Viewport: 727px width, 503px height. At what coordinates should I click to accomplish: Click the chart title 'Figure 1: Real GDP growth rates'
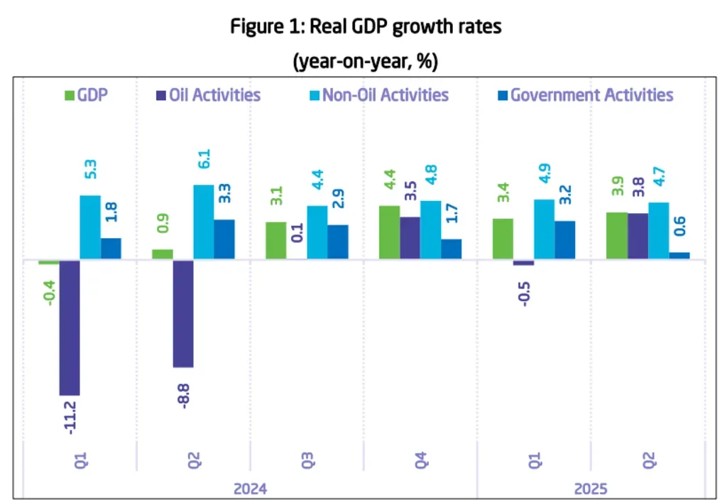[x=366, y=28]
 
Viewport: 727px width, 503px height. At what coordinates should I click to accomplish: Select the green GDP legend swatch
[x=69, y=95]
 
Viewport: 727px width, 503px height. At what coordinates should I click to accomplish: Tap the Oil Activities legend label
[x=214, y=95]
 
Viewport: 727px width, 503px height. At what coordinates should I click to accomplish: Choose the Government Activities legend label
[x=591, y=95]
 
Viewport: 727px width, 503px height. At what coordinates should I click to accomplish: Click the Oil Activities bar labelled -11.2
[x=70, y=327]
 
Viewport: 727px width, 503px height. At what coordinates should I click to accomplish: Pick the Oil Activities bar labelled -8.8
[x=183, y=313]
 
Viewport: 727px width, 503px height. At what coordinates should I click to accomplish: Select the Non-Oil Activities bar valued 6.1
[x=204, y=222]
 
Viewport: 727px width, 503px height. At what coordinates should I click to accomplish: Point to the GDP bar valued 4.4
[x=389, y=232]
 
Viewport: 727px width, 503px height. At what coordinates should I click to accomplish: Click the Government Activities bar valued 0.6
[x=679, y=256]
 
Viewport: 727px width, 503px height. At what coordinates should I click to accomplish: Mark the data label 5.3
[x=89, y=171]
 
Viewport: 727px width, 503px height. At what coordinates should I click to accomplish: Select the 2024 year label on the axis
[x=249, y=490]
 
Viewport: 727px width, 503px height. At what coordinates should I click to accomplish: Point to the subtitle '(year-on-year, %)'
[x=366, y=62]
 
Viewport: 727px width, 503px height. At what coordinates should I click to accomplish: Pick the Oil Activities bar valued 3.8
[x=638, y=237]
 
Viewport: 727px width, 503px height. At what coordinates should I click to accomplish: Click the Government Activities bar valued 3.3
[x=224, y=239]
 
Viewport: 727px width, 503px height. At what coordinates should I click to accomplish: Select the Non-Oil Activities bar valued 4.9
[x=544, y=229]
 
